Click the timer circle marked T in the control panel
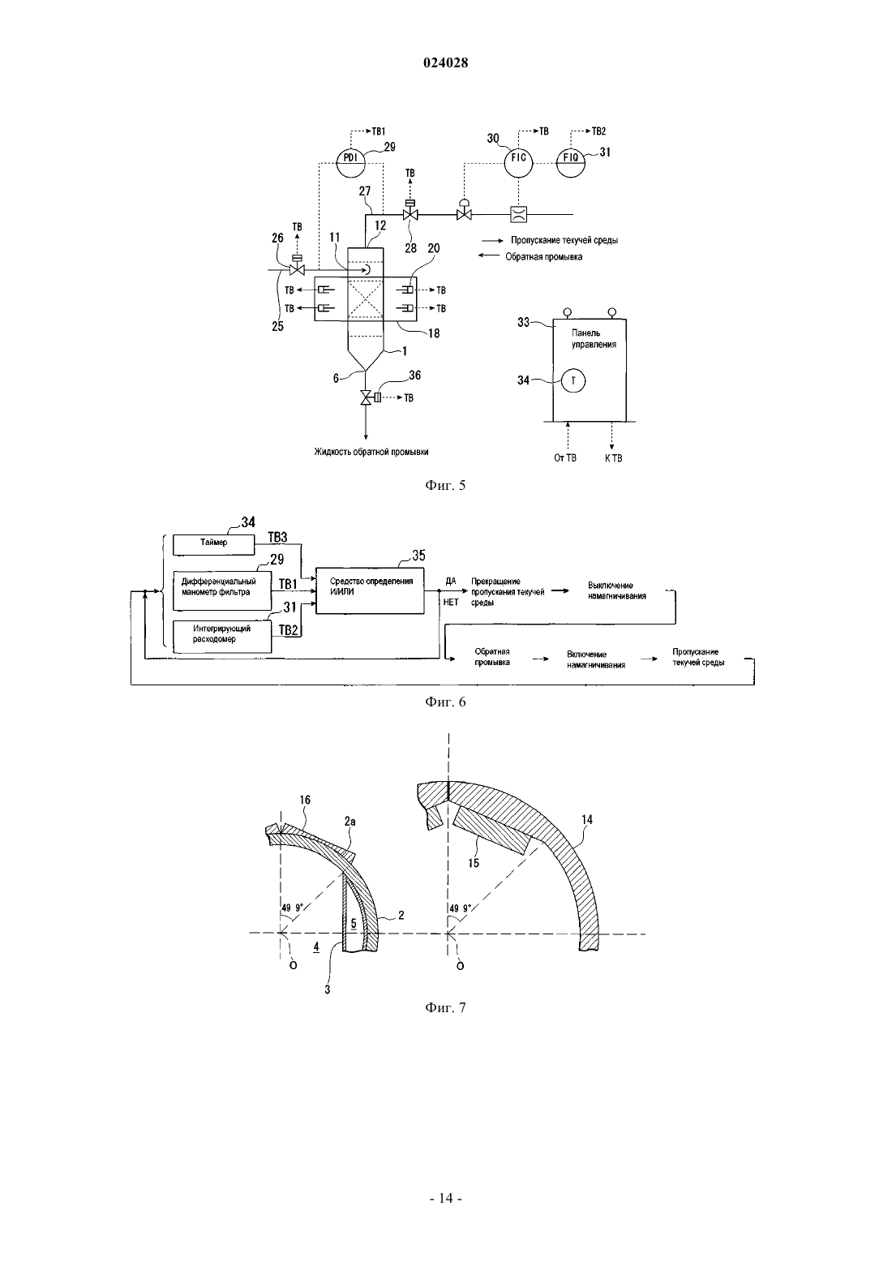pos(573,381)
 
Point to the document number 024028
pos(445,62)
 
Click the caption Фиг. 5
pos(445,486)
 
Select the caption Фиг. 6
pos(445,702)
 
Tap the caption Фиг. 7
pos(445,1007)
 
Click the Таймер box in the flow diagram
pos(213,543)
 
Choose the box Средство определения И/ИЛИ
pos(370,590)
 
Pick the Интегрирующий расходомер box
pos(222,637)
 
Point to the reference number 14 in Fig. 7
pos(587,820)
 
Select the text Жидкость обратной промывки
pos(371,452)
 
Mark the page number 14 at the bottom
pos(445,1199)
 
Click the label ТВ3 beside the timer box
pos(277,538)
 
